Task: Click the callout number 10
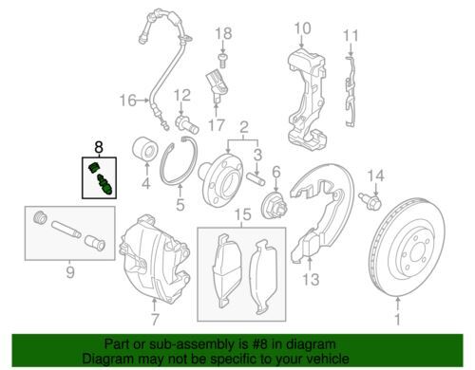pyautogui.click(x=302, y=28)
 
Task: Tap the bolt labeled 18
pyautogui.click(x=222, y=60)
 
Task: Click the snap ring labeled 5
pyautogui.click(x=178, y=161)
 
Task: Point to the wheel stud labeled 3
pyautogui.click(x=256, y=179)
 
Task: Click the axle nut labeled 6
pyautogui.click(x=275, y=206)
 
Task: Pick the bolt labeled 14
pyautogui.click(x=370, y=200)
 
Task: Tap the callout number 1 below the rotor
pyautogui.click(x=397, y=320)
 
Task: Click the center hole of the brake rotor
pyautogui.click(x=415, y=251)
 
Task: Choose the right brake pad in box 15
pyautogui.click(x=263, y=277)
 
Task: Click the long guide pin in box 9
pyautogui.click(x=66, y=230)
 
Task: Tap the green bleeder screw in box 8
pyautogui.click(x=104, y=184)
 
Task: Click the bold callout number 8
pyautogui.click(x=99, y=147)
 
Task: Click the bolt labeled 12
pyautogui.click(x=186, y=125)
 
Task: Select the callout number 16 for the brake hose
pyautogui.click(x=127, y=101)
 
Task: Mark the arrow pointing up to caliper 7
pyautogui.click(x=154, y=305)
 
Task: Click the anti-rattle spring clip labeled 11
pyautogui.click(x=350, y=92)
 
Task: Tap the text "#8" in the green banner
pyautogui.click(x=250, y=344)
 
